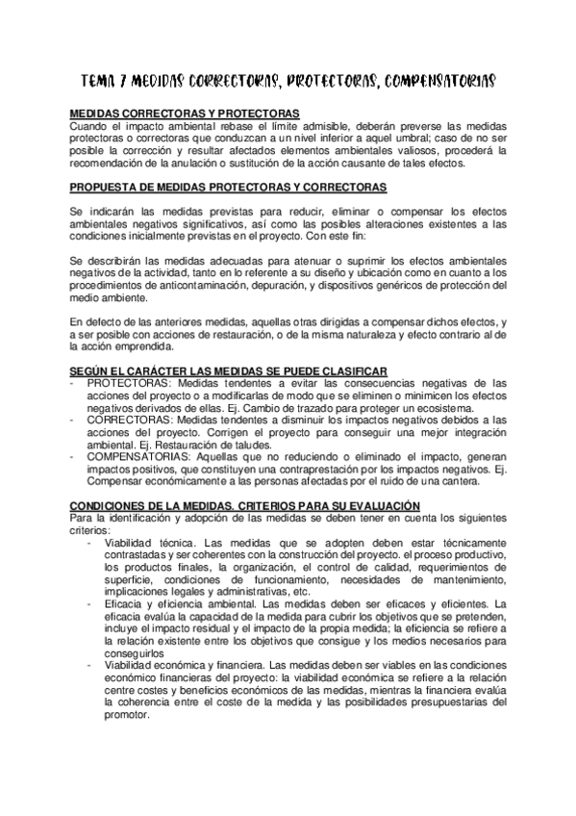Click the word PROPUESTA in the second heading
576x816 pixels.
107,186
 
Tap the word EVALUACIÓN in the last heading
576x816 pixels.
378,504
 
